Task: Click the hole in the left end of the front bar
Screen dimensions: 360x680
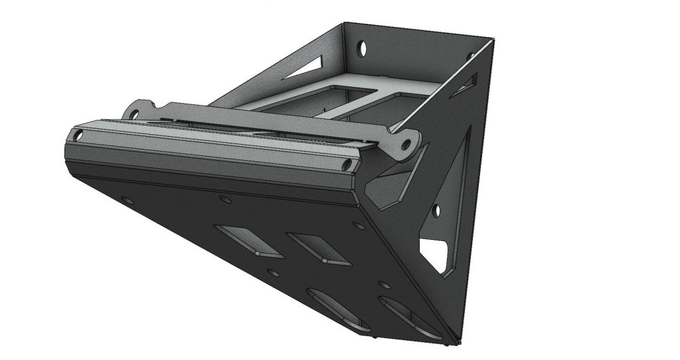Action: [x=79, y=135]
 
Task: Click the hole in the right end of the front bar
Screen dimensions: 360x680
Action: [x=347, y=163]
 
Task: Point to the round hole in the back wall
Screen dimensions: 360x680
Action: [x=363, y=48]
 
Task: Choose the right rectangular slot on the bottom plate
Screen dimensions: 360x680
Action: [x=319, y=249]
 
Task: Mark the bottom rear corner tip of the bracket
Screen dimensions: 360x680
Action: [x=458, y=341]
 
